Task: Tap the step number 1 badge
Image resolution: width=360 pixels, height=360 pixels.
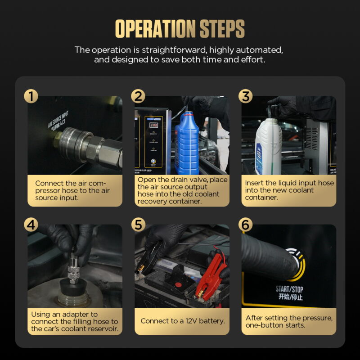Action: (x=31, y=96)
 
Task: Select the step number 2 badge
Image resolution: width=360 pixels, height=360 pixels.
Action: (x=138, y=96)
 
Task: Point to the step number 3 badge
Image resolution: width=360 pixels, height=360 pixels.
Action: (x=245, y=96)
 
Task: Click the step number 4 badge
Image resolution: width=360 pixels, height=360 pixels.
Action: (x=31, y=225)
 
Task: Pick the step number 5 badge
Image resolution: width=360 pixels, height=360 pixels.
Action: (x=138, y=225)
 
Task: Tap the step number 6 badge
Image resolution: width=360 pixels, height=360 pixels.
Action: (x=245, y=225)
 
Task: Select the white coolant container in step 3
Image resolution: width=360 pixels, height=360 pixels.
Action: (x=268, y=146)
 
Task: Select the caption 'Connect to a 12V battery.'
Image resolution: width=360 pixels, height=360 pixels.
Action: (x=182, y=321)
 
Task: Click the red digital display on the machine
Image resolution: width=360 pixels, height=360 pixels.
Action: (x=153, y=125)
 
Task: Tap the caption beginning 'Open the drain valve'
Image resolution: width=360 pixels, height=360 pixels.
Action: (x=182, y=190)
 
